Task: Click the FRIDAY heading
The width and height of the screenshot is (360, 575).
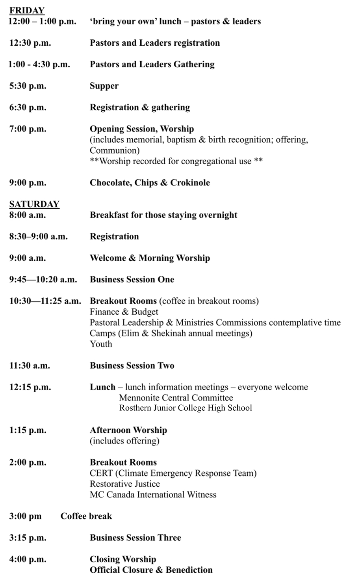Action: point(27,11)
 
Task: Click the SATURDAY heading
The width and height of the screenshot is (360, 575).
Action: point(34,204)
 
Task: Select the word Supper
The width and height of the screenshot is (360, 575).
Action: point(104,86)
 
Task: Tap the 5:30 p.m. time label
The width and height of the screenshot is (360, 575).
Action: point(28,86)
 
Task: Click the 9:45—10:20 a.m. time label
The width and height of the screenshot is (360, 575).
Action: point(43,280)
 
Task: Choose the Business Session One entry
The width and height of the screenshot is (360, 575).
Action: point(132,280)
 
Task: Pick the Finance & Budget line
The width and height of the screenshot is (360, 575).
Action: point(124,312)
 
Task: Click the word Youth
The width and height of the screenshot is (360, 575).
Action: point(101,344)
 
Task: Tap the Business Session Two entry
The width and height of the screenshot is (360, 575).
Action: point(132,365)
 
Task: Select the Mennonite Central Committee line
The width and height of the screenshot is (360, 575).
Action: point(176,398)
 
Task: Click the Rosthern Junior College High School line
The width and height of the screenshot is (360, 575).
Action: point(186,408)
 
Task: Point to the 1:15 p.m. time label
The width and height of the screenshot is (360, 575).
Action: point(28,430)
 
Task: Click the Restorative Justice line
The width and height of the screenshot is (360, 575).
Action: point(125,484)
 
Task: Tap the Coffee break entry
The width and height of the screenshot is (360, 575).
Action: point(86,516)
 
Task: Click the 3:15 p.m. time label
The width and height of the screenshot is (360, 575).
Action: point(28,538)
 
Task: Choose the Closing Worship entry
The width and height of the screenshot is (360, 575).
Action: point(123,559)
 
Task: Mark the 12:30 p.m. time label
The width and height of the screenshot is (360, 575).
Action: point(30,43)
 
